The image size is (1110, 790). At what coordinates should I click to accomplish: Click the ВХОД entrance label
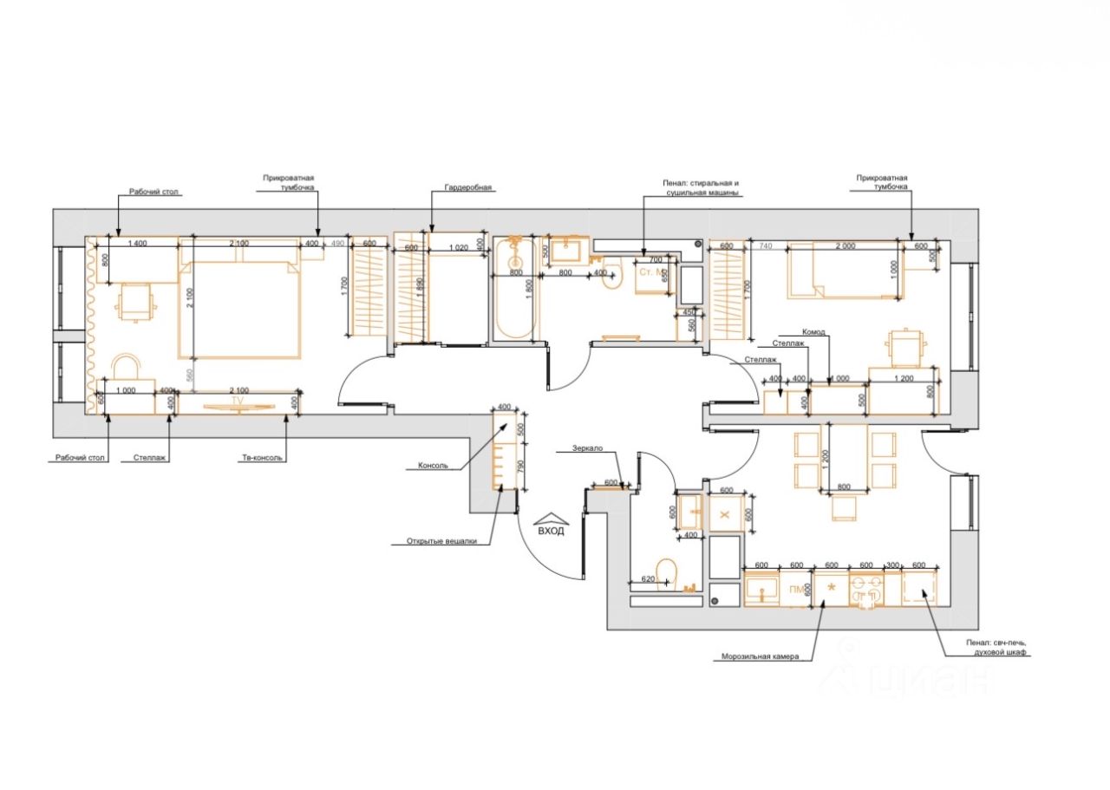(552, 531)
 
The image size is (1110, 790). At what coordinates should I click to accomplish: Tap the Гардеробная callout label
(468, 186)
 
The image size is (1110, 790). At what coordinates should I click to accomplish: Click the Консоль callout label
(433, 466)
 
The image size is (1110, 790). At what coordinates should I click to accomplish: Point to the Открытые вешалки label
(441, 542)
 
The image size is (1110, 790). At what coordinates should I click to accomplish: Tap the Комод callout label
(813, 332)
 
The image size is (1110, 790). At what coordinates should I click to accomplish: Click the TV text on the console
(236, 401)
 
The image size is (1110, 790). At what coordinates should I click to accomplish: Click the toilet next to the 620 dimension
(666, 571)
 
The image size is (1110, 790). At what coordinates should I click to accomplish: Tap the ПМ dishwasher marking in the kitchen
(796, 591)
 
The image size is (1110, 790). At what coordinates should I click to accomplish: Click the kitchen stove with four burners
(866, 590)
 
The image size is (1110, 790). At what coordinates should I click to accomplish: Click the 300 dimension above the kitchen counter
(892, 565)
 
